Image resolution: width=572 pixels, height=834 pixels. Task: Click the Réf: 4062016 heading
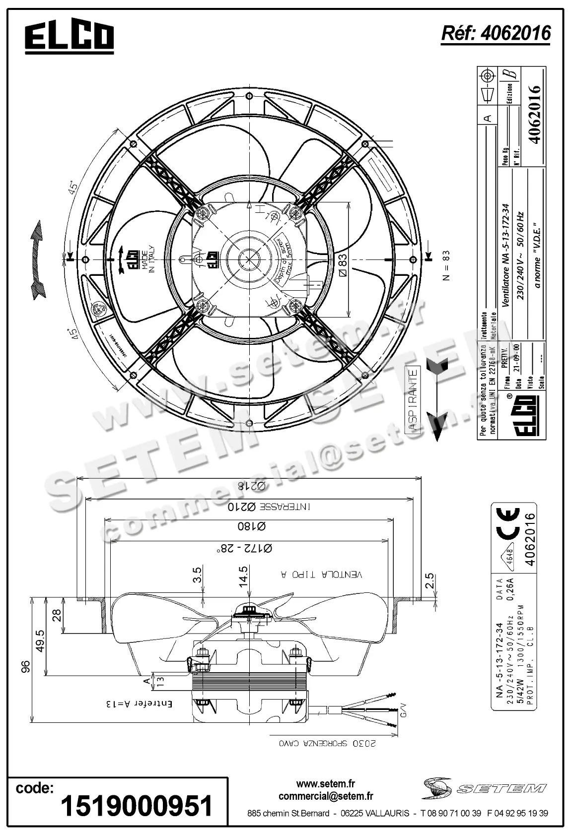click(x=496, y=33)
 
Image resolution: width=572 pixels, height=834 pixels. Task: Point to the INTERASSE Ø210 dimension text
click(x=270, y=507)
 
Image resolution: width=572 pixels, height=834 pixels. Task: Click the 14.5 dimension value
click(x=243, y=577)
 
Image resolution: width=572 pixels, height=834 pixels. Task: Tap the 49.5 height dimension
click(x=40, y=641)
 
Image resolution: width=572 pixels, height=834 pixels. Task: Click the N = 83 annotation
click(x=446, y=265)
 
